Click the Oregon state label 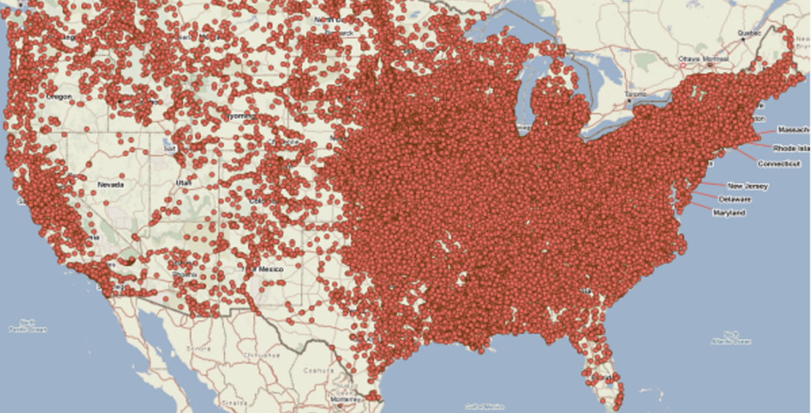pyautogui.click(x=60, y=97)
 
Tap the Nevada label pyautogui.click(x=111, y=184)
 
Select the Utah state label pyautogui.click(x=184, y=182)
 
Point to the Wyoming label pyautogui.click(x=241, y=117)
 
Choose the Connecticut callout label pyautogui.click(x=779, y=164)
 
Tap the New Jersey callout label pyautogui.click(x=748, y=186)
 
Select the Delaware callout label pyautogui.click(x=735, y=199)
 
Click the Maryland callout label pyautogui.click(x=729, y=213)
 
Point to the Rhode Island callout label pyautogui.click(x=790, y=148)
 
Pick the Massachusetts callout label pyautogui.click(x=793, y=129)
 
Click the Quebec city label pyautogui.click(x=749, y=32)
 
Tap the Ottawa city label pyautogui.click(x=689, y=59)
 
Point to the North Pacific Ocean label pyautogui.click(x=28, y=326)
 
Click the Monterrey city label pyautogui.click(x=342, y=398)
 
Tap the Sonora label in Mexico pyautogui.click(x=199, y=348)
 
